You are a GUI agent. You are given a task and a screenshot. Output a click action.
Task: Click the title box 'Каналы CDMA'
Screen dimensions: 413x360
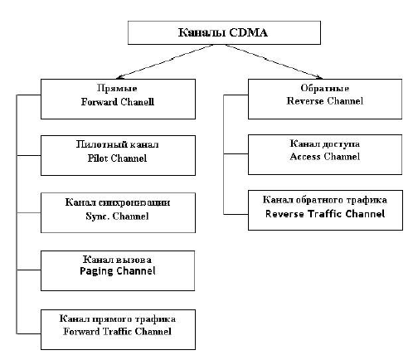[224, 32]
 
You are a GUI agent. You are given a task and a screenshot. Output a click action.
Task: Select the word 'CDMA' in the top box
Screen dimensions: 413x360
[248, 32]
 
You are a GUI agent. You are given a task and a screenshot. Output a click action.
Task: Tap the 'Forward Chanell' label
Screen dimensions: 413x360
[118, 102]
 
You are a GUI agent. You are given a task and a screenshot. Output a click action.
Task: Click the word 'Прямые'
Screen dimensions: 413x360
[117, 88]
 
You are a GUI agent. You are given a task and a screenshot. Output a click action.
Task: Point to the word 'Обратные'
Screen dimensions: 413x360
[325, 88]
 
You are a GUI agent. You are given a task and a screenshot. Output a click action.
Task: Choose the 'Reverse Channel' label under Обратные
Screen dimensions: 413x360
[325, 101]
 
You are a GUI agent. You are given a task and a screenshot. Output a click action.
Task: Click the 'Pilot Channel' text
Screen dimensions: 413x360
[117, 158]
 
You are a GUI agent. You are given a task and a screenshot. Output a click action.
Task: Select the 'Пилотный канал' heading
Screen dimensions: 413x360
[117, 144]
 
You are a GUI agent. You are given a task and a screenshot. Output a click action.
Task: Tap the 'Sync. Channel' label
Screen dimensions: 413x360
[117, 216]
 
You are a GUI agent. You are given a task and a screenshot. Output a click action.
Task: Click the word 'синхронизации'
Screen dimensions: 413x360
[134, 202]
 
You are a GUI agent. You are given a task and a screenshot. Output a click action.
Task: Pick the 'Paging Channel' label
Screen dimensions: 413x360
[118, 271]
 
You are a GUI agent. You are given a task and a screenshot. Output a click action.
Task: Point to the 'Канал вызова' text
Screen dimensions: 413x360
[117, 260]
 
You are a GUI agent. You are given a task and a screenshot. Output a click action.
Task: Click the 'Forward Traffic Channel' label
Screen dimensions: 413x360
[118, 331]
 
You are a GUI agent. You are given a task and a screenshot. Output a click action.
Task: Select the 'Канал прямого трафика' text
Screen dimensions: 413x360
[118, 319]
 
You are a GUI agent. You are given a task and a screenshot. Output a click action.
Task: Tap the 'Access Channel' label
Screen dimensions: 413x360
[325, 157]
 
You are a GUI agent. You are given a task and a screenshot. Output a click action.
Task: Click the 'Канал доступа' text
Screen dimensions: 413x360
[325, 144]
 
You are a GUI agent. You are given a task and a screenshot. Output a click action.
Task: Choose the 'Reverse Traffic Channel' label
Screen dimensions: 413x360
[325, 214]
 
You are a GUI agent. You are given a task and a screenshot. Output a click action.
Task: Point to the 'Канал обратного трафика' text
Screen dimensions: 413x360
[325, 200]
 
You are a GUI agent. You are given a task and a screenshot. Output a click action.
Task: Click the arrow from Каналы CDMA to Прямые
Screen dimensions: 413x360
[165, 61]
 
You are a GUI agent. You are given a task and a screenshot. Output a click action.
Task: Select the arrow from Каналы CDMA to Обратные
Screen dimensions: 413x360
[274, 61]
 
